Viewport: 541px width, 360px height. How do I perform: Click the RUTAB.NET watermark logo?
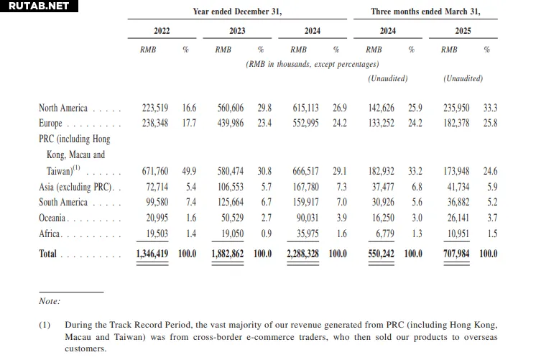(x=39, y=6)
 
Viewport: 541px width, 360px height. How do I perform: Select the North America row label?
(x=63, y=108)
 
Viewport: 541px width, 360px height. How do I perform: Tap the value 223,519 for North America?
(x=155, y=108)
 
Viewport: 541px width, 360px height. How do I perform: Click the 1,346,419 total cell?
(x=152, y=254)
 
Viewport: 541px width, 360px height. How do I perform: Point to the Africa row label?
(x=50, y=234)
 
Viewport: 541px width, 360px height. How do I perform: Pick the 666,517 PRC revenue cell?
(x=305, y=171)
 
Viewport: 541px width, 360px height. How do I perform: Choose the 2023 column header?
(x=237, y=31)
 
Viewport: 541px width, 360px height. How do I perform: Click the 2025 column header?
(x=463, y=31)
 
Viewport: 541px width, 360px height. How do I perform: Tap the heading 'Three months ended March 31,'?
(x=425, y=11)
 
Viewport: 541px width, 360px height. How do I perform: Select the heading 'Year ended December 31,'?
(x=237, y=11)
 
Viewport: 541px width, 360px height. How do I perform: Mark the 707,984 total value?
(x=456, y=254)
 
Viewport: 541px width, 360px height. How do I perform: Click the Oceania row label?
(x=52, y=218)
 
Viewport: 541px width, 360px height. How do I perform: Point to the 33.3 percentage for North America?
(x=490, y=108)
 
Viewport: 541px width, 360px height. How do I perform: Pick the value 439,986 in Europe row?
(x=230, y=123)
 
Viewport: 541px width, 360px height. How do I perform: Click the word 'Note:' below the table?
(x=50, y=301)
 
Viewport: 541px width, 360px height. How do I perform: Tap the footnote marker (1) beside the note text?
(x=45, y=325)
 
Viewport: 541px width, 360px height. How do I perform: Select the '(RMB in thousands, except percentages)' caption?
(x=313, y=64)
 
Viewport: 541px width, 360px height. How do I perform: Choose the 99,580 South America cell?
(x=157, y=202)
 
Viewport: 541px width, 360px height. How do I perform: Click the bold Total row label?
(x=47, y=254)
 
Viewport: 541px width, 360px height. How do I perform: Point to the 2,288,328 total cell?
(x=302, y=254)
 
